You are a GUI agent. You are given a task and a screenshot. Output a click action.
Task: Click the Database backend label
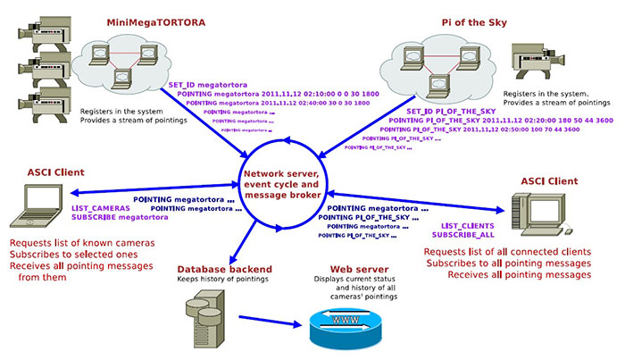pyautogui.click(x=224, y=269)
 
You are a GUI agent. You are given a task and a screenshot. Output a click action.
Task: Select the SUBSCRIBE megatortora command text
pyautogui.click(x=119, y=217)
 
